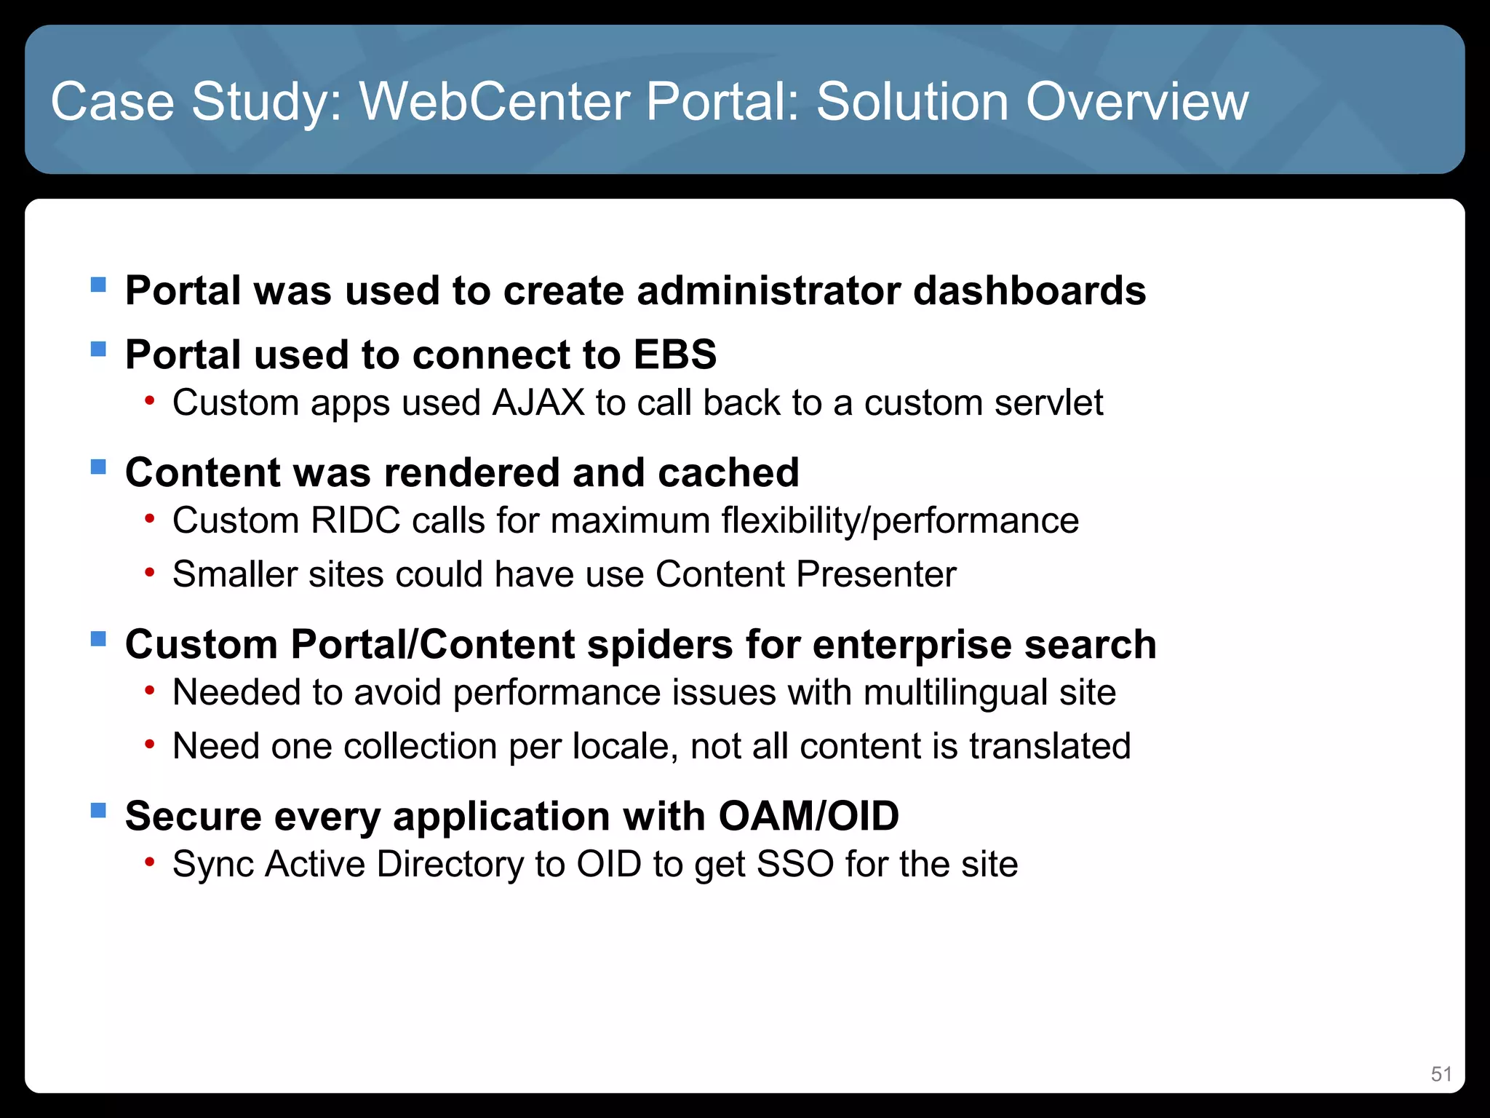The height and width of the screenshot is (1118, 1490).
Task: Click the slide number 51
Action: pos(1441,1074)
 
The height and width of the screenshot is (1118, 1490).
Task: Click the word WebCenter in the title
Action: pos(495,101)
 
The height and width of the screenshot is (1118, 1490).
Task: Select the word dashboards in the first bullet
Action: pos(1029,290)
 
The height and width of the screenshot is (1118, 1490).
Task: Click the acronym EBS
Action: pos(674,354)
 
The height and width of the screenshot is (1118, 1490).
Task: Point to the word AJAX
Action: pos(538,403)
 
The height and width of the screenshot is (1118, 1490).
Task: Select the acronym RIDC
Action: pos(356,520)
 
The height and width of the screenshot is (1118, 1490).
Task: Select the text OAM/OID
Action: pos(808,816)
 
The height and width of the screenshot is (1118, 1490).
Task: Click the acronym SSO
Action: pos(794,864)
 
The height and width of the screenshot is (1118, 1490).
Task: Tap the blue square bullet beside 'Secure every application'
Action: pos(98,810)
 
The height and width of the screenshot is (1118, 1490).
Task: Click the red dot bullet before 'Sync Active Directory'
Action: pos(149,863)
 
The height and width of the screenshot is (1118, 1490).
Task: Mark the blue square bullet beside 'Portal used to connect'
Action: pos(98,349)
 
